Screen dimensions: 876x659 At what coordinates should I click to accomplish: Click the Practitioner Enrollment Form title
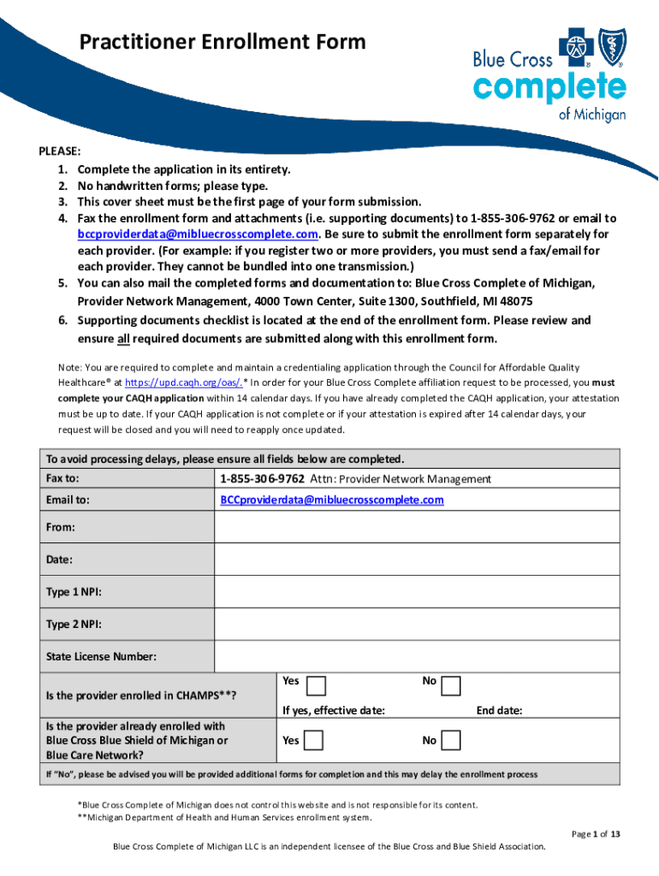coord(222,42)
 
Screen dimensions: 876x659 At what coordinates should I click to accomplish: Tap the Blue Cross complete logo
coord(549,76)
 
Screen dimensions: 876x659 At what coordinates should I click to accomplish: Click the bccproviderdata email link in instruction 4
coord(199,234)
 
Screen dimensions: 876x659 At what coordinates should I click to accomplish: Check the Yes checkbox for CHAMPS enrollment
coord(315,686)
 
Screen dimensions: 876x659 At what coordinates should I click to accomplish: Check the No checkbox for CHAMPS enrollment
coord(451,686)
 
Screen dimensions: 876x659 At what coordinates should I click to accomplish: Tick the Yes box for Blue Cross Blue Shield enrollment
coord(313,740)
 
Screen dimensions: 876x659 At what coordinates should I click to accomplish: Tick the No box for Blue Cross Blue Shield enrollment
coord(451,740)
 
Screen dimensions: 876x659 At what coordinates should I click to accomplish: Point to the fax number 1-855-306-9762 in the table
coord(262,479)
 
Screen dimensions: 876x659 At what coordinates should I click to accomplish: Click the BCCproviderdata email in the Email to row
coord(332,500)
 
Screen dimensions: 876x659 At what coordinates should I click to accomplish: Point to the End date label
coord(499,710)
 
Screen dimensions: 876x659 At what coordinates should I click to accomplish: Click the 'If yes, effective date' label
coord(333,710)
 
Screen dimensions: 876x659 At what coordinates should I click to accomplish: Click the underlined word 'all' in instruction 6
coord(123,339)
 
